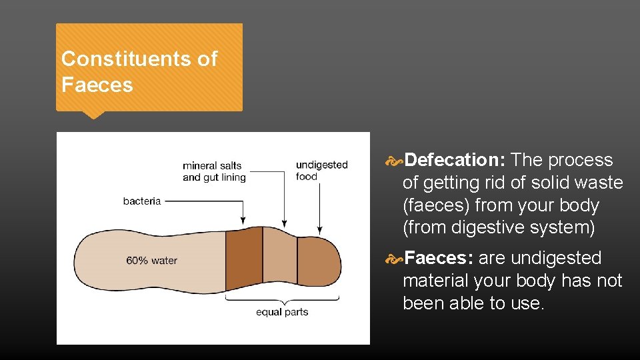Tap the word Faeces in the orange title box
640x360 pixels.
point(97,85)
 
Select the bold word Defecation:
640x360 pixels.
point(455,160)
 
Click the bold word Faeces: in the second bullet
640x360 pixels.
point(439,258)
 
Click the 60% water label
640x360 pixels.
point(151,260)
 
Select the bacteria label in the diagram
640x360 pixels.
point(142,201)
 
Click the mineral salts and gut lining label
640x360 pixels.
point(214,171)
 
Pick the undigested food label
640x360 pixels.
point(321,170)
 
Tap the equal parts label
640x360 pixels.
point(282,311)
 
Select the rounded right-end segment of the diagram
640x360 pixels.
point(318,262)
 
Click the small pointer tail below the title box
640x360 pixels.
point(93,115)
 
